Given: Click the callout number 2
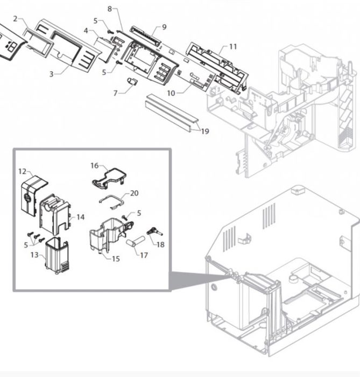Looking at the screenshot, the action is pyautogui.click(x=16, y=18).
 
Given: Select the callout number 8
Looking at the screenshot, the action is pyautogui.click(x=110, y=9).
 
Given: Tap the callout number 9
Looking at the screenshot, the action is pyautogui.click(x=164, y=27).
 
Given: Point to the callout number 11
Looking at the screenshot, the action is pyautogui.click(x=233, y=46).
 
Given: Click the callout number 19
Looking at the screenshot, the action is pyautogui.click(x=205, y=131).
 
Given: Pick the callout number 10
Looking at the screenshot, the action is pyautogui.click(x=171, y=93).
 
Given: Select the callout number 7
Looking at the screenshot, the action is pyautogui.click(x=115, y=93).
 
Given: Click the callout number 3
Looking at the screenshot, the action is pyautogui.click(x=51, y=74).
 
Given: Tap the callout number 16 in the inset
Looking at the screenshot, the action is pyautogui.click(x=94, y=165).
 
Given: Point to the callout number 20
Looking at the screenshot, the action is pyautogui.click(x=134, y=193).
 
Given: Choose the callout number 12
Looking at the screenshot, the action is pyautogui.click(x=22, y=171).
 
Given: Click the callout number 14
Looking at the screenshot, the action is pyautogui.click(x=81, y=217).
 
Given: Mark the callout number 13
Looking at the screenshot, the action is pyautogui.click(x=34, y=255).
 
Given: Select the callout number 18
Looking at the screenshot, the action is pyautogui.click(x=160, y=245).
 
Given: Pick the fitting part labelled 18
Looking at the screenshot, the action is pyautogui.click(x=154, y=232).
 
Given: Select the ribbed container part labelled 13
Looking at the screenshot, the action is pyautogui.click(x=57, y=255).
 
